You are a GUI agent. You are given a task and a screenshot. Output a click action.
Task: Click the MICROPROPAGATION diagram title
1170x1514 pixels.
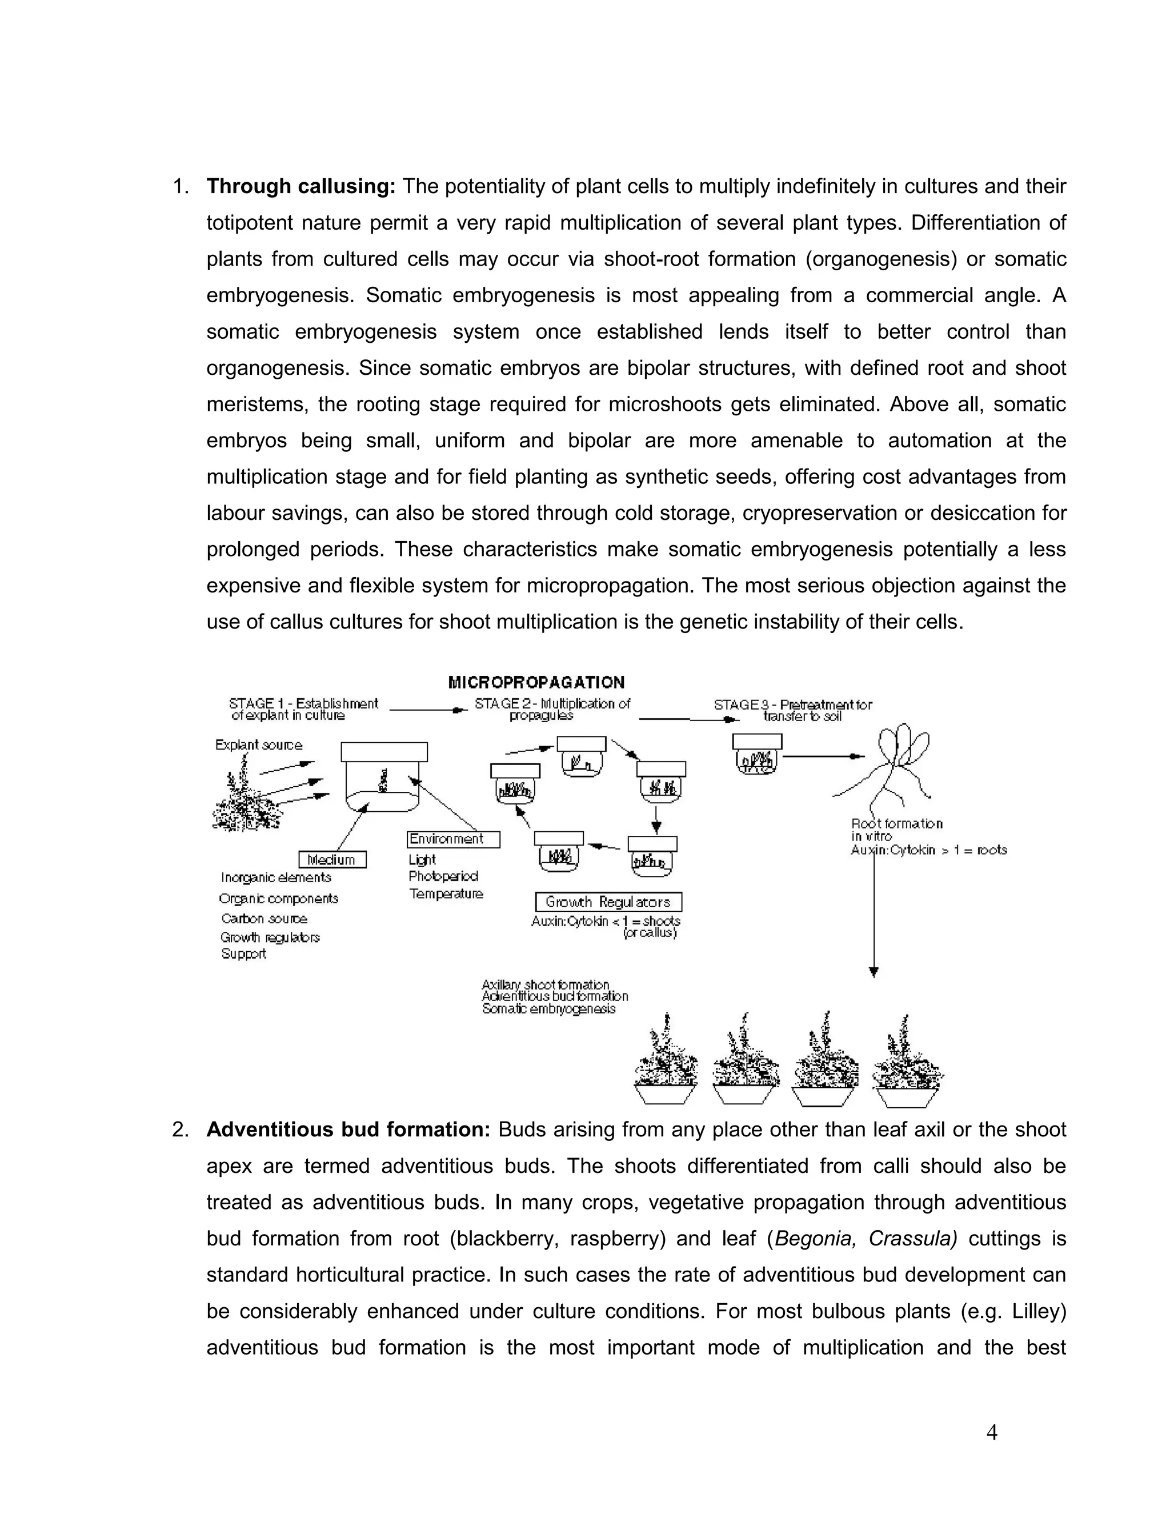[536, 682]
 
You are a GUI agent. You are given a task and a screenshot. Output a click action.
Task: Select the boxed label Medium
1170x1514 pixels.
[332, 860]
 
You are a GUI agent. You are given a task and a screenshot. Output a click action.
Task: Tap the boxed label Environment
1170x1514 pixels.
[452, 839]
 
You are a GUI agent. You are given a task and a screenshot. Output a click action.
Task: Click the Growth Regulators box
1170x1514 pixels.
[608, 902]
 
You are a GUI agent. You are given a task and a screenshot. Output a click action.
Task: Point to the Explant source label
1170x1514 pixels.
[259, 745]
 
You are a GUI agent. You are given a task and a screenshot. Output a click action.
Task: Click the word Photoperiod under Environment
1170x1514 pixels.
[443, 876]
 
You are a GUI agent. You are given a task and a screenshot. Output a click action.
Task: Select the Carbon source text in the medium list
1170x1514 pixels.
[264, 919]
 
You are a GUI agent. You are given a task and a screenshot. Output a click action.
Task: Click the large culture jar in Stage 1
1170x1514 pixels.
[383, 776]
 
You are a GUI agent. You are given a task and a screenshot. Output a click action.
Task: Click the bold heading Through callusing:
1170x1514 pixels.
[301, 186]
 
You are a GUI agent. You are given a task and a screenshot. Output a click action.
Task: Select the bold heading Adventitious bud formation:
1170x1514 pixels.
[348, 1130]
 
